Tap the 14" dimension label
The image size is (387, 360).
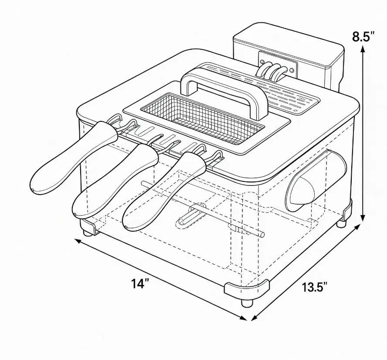coord(140,283)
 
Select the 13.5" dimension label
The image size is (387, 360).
coord(315,287)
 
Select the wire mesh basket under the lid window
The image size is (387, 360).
coord(202,118)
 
